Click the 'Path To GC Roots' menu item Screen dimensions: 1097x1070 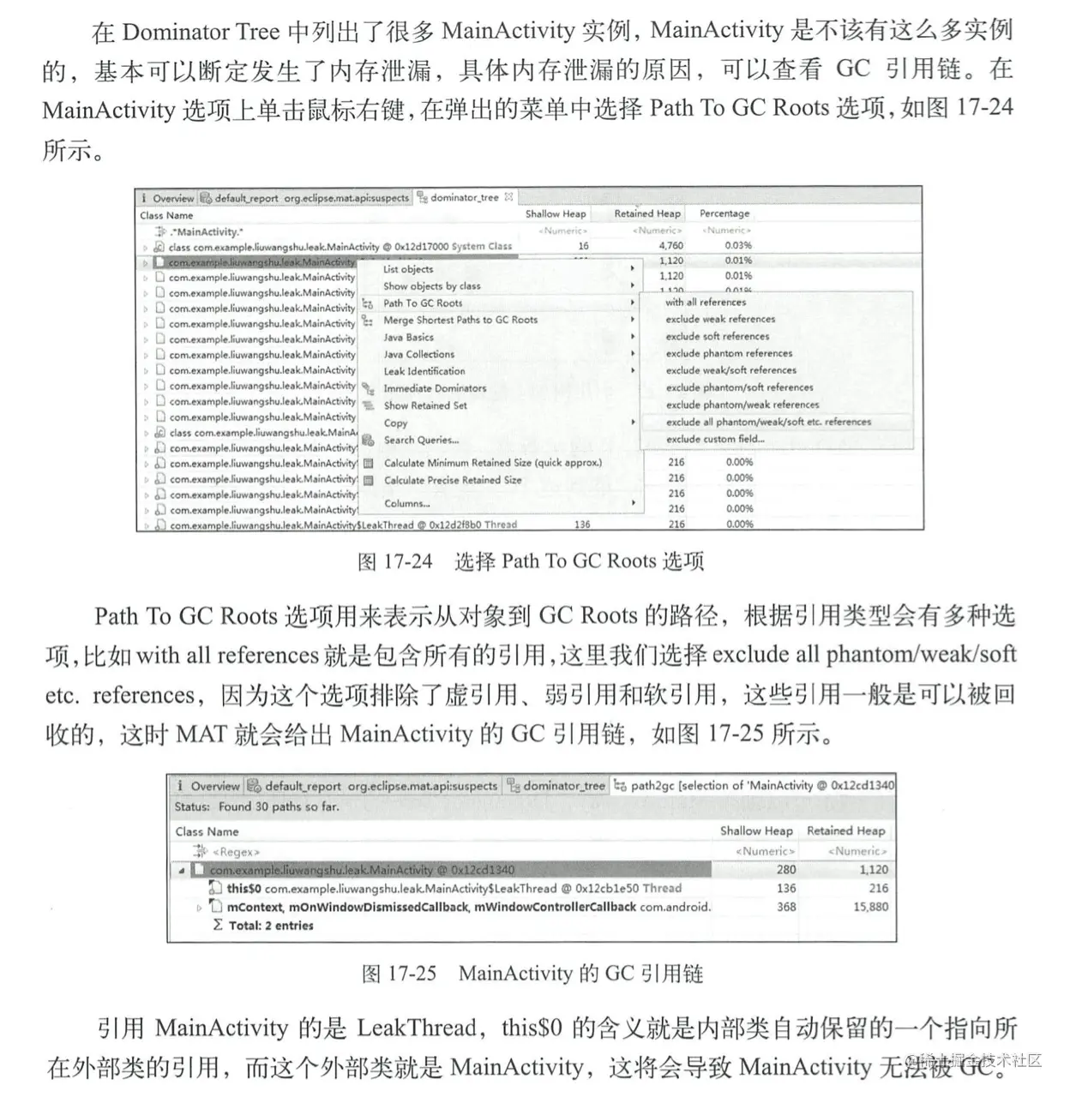point(423,303)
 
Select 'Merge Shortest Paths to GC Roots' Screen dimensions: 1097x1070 point(460,320)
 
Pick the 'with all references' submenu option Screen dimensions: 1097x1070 point(706,302)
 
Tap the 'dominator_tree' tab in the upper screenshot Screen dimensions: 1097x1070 point(464,197)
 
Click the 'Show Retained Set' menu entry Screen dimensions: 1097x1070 point(425,405)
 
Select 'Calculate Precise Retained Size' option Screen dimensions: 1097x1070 point(453,480)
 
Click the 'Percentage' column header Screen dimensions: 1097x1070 point(724,213)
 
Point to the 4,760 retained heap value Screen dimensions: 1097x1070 point(671,245)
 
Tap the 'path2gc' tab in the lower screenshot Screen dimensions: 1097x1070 point(754,785)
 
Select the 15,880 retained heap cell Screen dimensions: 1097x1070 point(870,907)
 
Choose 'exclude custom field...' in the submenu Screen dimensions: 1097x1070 point(715,439)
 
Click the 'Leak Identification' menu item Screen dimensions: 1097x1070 point(424,371)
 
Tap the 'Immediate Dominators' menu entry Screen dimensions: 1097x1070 point(435,388)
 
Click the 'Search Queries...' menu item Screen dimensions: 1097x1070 point(421,440)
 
